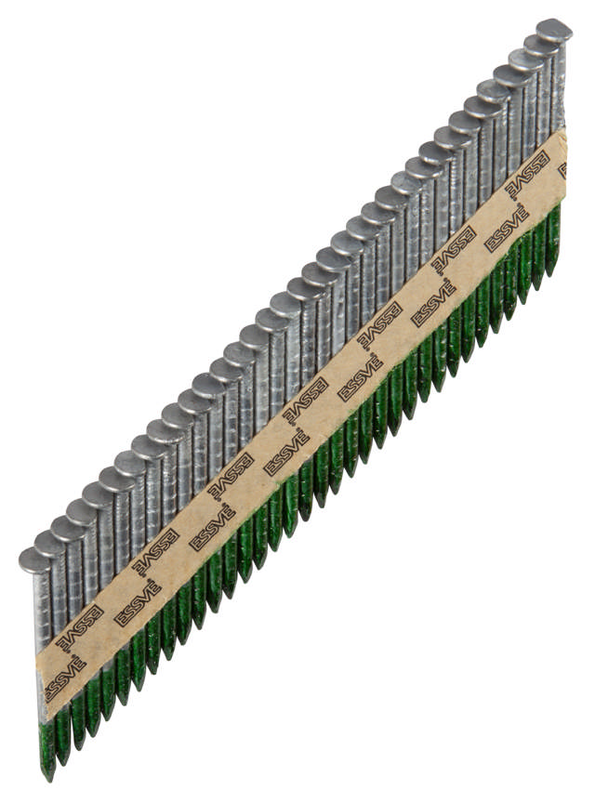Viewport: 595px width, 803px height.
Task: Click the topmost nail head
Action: [x=554, y=29]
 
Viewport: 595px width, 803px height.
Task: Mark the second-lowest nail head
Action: [x=51, y=544]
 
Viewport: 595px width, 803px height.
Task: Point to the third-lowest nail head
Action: [x=67, y=528]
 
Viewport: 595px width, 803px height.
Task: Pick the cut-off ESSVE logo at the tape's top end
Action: [x=561, y=168]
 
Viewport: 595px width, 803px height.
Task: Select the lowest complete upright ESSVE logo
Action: [x=137, y=605]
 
